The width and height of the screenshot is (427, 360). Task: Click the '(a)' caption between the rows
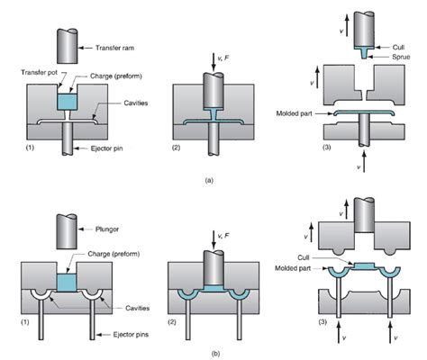point(208,180)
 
